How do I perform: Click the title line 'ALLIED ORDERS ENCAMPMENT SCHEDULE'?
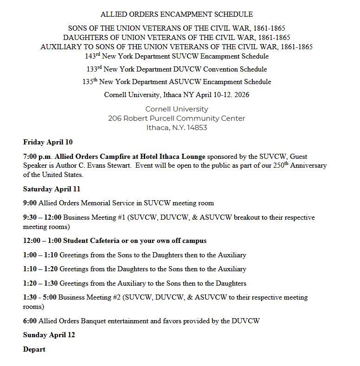[x=177, y=15]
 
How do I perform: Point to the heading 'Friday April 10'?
[x=48, y=142]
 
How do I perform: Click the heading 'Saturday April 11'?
[x=51, y=189]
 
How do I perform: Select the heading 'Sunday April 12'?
[x=49, y=335]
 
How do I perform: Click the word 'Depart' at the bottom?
[x=34, y=349]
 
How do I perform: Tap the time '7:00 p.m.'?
[x=37, y=157]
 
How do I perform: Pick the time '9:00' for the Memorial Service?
[x=30, y=203]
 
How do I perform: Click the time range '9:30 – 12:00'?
[x=42, y=217]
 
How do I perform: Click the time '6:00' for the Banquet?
[x=30, y=321]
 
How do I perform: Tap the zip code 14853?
[x=196, y=128]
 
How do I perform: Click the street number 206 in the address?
[x=115, y=118]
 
